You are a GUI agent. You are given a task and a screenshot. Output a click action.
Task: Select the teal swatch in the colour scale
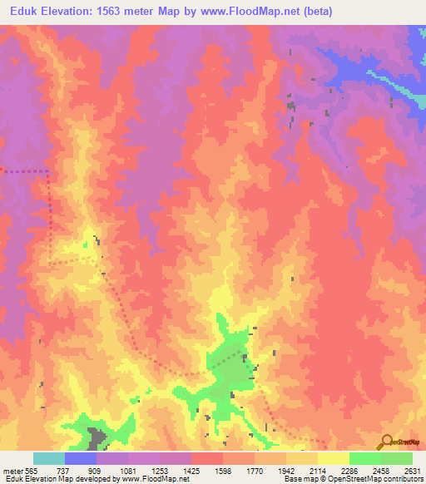[x=49, y=458]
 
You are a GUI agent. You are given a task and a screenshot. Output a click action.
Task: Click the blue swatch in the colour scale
[x=81, y=458]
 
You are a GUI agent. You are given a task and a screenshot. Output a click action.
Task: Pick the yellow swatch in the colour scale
[x=333, y=458]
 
